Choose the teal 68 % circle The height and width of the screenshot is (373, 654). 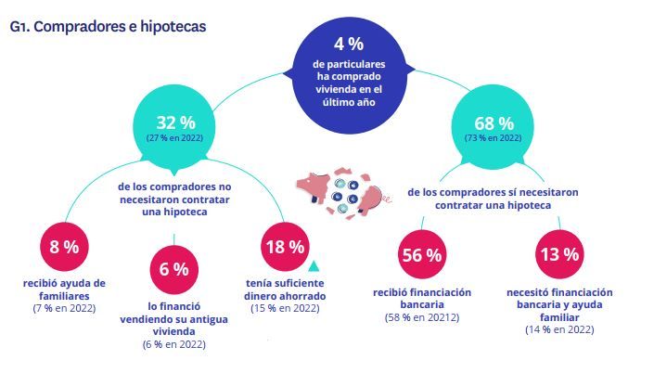click(x=494, y=125)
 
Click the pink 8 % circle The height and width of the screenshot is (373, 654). click(x=62, y=247)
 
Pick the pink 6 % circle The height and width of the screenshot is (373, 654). click(x=173, y=269)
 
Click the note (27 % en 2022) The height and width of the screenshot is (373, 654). click(x=173, y=137)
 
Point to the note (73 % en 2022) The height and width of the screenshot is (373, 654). click(x=494, y=137)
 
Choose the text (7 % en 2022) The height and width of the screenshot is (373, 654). click(x=62, y=307)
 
